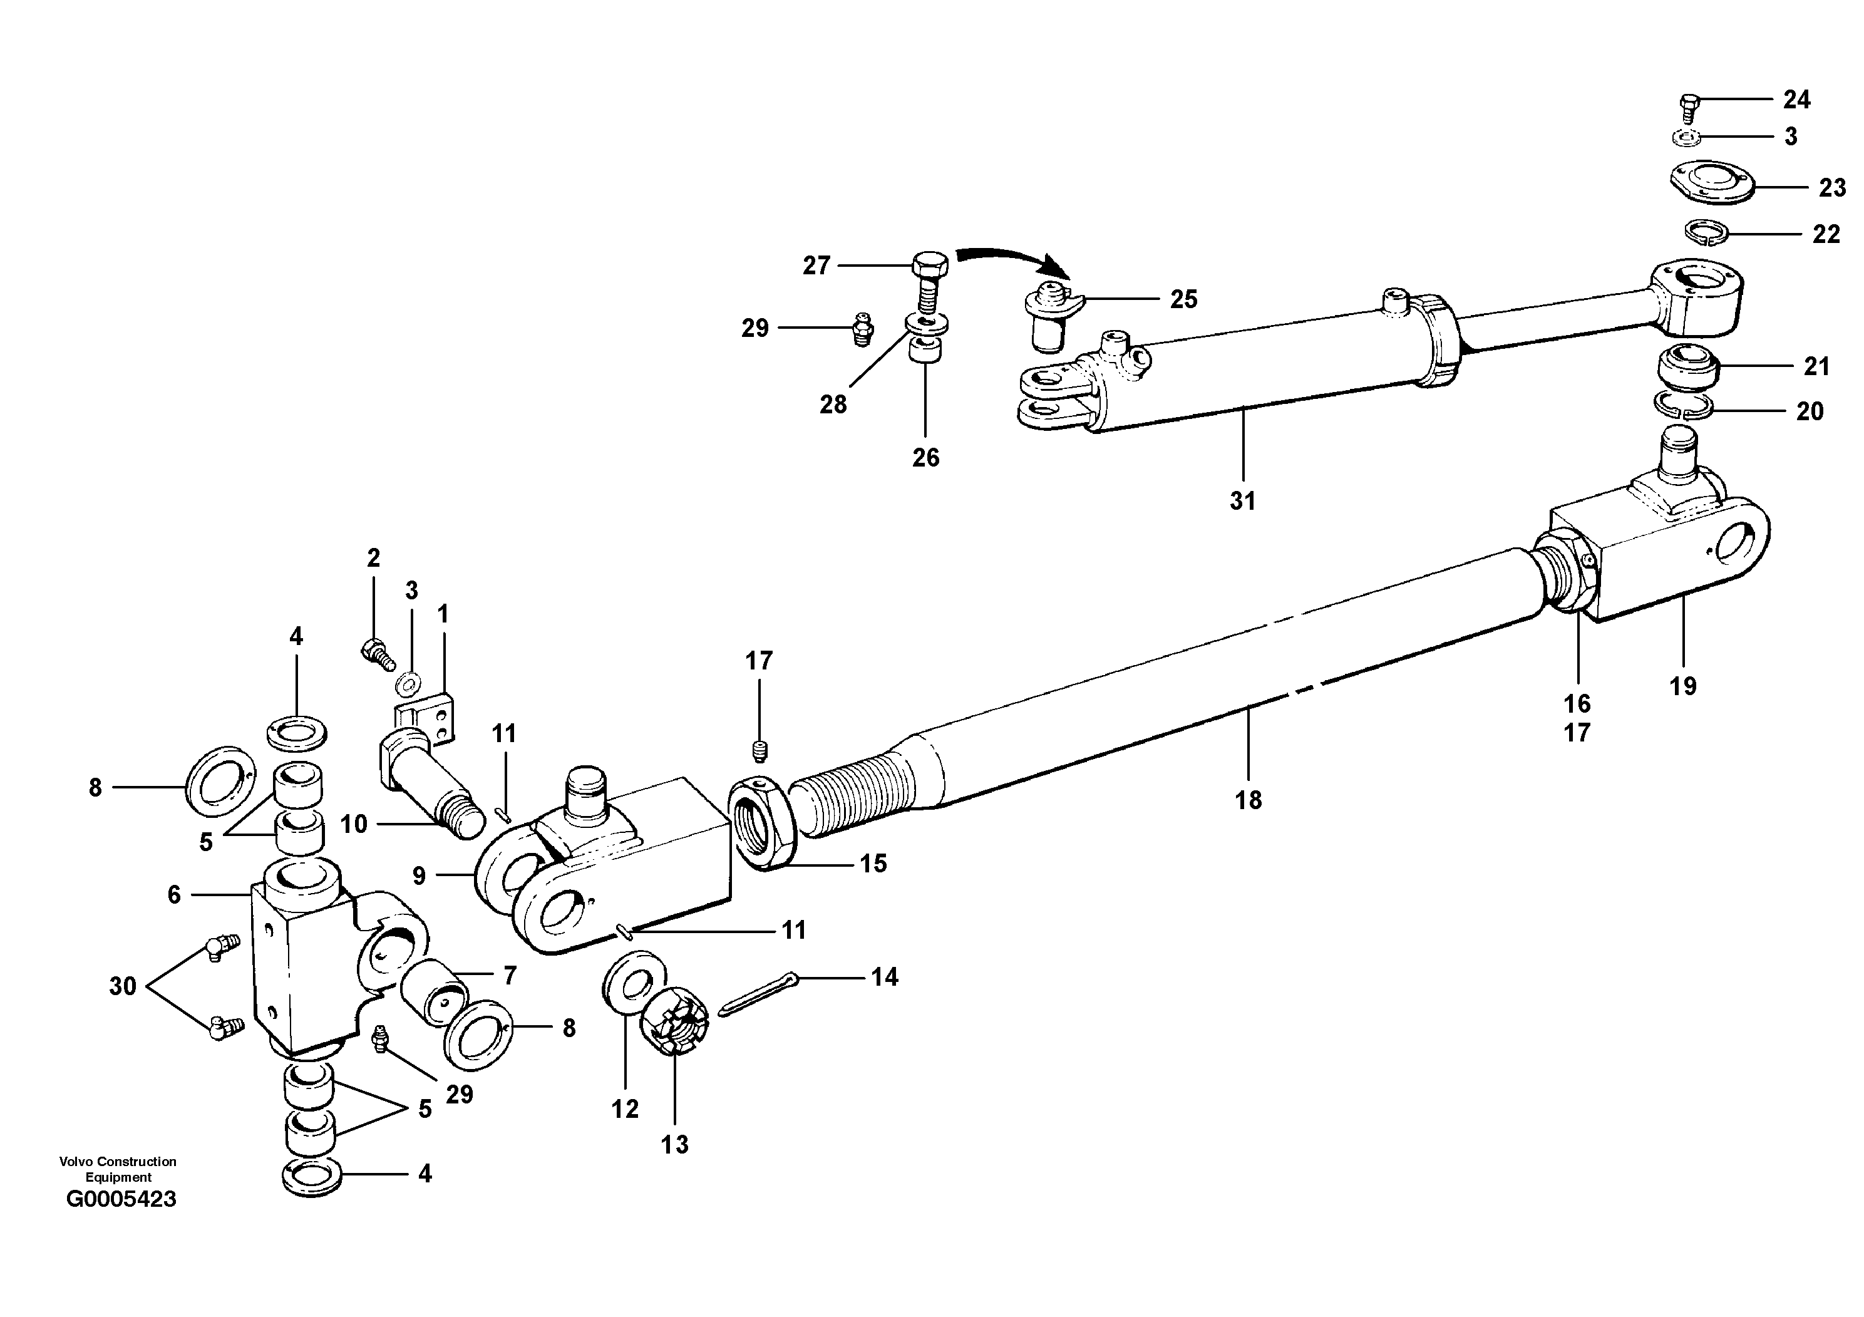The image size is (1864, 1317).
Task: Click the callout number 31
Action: [x=1242, y=501]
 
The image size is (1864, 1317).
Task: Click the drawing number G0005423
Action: [x=121, y=1199]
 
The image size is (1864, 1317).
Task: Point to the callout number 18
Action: [x=1248, y=800]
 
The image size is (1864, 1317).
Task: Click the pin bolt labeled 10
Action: [x=426, y=780]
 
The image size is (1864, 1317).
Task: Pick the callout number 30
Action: [x=123, y=986]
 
